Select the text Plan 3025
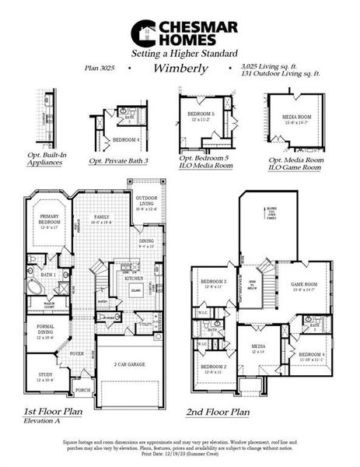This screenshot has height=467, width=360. point(101,68)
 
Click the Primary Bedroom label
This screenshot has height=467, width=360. point(48,223)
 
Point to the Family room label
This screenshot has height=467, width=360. point(101,220)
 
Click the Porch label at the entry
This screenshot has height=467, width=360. point(82,391)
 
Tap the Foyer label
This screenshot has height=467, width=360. point(77,352)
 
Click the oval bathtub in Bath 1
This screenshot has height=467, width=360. point(37,286)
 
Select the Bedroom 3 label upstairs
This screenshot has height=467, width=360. point(213,283)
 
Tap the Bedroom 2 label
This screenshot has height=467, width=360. point(213,368)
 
